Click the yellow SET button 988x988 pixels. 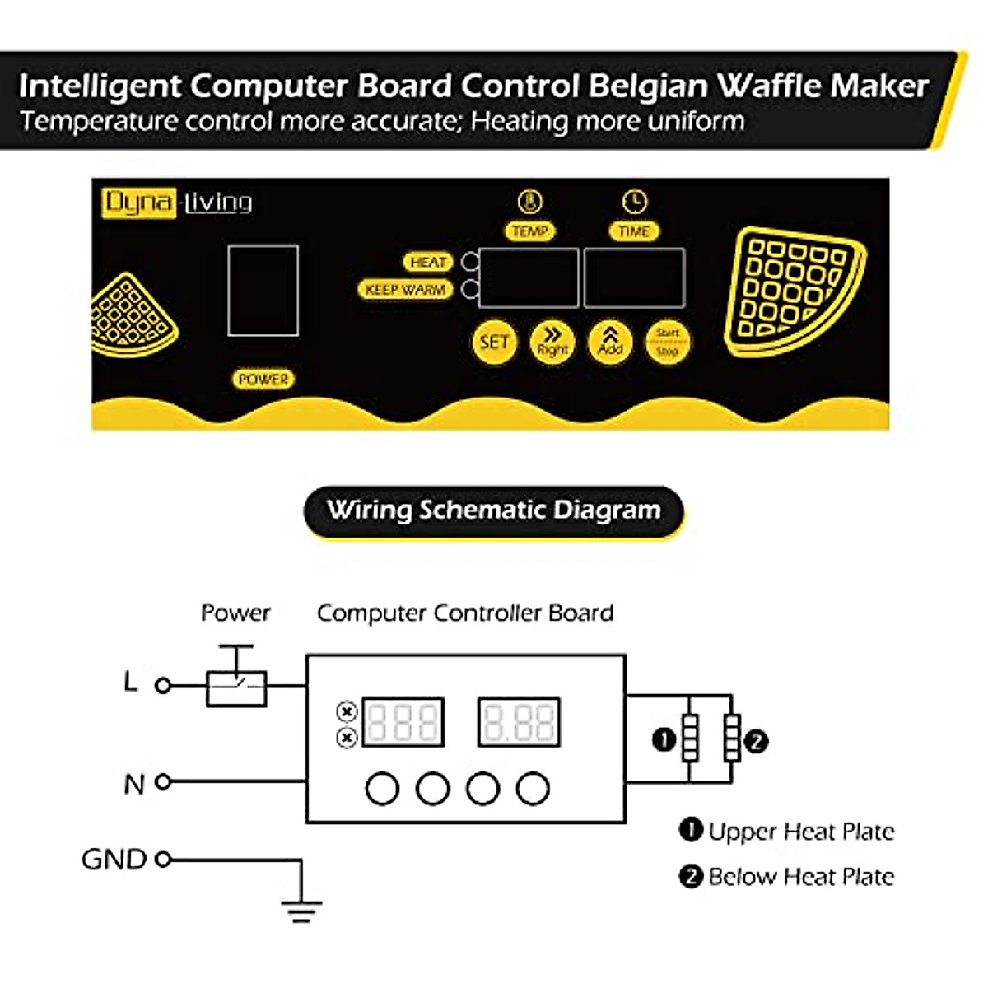[494, 342]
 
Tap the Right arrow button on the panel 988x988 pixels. [552, 341]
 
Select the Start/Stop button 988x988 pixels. [667, 342]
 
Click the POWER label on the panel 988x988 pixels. [263, 380]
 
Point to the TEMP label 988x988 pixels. [529, 231]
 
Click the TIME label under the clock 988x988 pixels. [634, 231]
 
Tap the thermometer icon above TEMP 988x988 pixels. [530, 202]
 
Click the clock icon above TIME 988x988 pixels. [634, 202]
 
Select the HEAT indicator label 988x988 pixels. [428, 262]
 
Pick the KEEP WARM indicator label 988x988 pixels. [405, 290]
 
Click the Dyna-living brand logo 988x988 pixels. [177, 203]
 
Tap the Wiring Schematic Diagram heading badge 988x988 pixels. [494, 510]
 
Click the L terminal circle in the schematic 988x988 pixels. [163, 685]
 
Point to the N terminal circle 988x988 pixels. [163, 782]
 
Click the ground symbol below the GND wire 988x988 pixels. [301, 910]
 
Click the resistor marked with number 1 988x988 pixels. [689, 739]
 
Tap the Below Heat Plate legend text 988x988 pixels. [800, 877]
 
